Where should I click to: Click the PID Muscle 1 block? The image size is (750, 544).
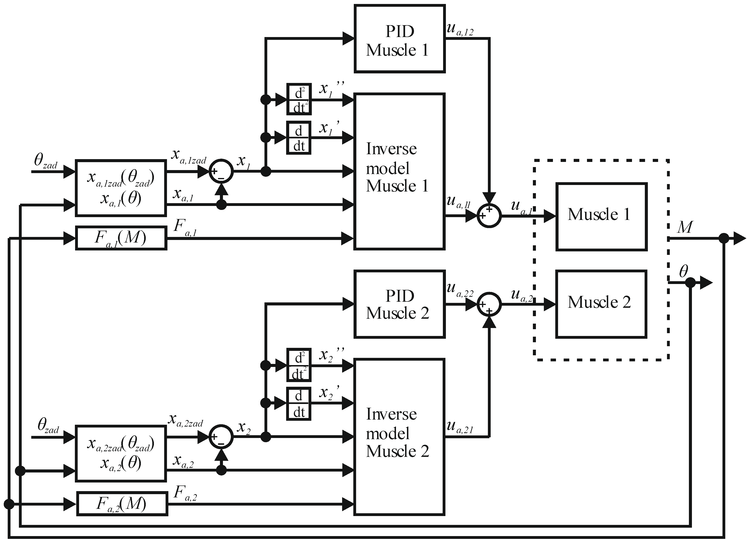coord(399,39)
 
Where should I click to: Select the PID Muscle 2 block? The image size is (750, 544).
coord(399,304)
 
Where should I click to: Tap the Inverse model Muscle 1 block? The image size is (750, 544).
coord(399,171)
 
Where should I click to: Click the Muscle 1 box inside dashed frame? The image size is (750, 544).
coord(601,217)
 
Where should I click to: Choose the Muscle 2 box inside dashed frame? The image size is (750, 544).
coord(601,304)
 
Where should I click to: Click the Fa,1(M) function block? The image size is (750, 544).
coord(121,238)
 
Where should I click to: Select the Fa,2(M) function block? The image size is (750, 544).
coord(122,503)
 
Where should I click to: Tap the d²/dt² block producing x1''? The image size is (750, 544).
coord(299,99)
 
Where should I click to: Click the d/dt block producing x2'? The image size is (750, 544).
coord(299,403)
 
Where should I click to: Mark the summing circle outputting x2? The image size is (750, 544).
coord(221,437)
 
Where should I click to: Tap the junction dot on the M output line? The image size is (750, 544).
coord(724,238)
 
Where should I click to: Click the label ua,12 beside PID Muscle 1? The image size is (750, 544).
coord(460,30)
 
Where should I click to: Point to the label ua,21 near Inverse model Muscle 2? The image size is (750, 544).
coord(460,427)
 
